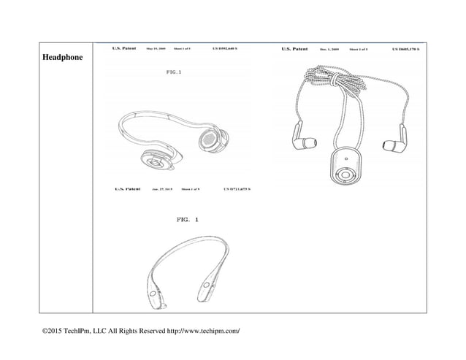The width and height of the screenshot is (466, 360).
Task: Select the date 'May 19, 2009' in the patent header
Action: tap(157, 49)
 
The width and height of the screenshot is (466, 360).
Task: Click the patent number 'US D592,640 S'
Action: tap(231, 49)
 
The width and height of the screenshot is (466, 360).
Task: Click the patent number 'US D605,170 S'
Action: tap(406, 50)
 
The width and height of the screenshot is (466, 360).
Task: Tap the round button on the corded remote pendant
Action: tap(344, 175)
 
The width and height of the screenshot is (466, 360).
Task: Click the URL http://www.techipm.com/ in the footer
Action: tap(194, 332)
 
